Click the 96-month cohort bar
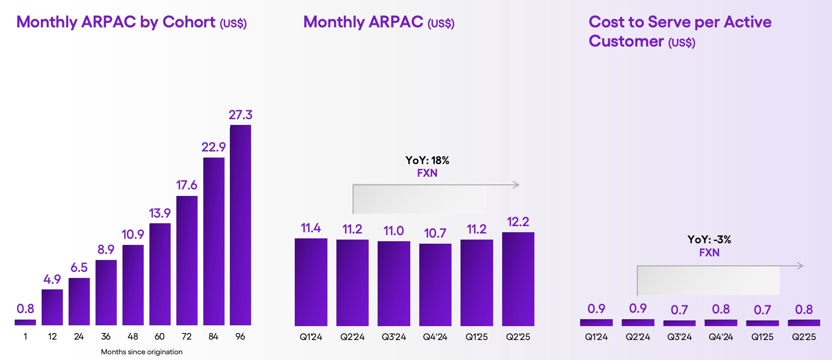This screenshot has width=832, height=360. (240, 225)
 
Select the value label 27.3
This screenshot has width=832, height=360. (240, 115)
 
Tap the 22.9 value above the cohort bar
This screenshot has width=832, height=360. (214, 147)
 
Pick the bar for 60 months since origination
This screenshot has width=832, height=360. (160, 274)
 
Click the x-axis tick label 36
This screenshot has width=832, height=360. (106, 336)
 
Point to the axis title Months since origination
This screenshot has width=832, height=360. (142, 352)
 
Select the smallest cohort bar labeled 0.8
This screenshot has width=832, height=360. (25, 322)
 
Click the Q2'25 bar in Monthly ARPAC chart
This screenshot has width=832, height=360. (518, 279)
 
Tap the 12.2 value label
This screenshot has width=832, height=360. (518, 222)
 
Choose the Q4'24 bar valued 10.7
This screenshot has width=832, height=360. (435, 285)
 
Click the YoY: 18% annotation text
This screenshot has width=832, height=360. (427, 160)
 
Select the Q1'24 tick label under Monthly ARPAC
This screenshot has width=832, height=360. (311, 337)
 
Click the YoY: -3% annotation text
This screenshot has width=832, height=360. (709, 240)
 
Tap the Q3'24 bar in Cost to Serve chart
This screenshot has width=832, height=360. (679, 323)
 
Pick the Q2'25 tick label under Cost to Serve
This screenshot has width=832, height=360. (804, 337)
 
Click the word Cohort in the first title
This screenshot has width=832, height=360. (189, 22)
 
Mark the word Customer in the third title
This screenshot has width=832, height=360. (626, 41)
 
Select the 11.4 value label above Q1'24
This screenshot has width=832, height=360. (311, 228)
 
